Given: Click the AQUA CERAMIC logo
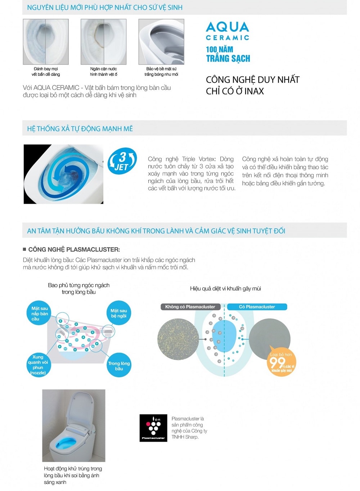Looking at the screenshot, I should coord(227,31).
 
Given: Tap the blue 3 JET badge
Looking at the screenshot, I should coord(122,161).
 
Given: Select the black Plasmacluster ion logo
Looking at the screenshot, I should coord(153,428).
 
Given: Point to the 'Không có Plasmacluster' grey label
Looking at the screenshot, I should coord(190,307).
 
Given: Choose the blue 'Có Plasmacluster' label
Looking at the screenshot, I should coord(257,307).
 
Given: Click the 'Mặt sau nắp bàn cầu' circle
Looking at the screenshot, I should coord(39,313).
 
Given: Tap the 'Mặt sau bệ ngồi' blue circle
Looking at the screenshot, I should coord(118,313).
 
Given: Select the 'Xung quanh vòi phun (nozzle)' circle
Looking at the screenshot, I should coord(38,365).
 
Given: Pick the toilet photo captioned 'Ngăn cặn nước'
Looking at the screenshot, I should coord(103,42).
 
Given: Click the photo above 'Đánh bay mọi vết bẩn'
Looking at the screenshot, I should coord(46,42).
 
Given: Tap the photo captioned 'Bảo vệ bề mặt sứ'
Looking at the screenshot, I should coord(161,42).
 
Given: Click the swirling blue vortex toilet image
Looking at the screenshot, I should coord(63,174).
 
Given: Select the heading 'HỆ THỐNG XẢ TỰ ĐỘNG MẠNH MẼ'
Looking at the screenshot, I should coord(80,129).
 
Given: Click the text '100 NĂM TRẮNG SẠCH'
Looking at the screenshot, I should coord(228,54).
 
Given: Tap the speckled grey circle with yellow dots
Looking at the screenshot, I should coord(178,338).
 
